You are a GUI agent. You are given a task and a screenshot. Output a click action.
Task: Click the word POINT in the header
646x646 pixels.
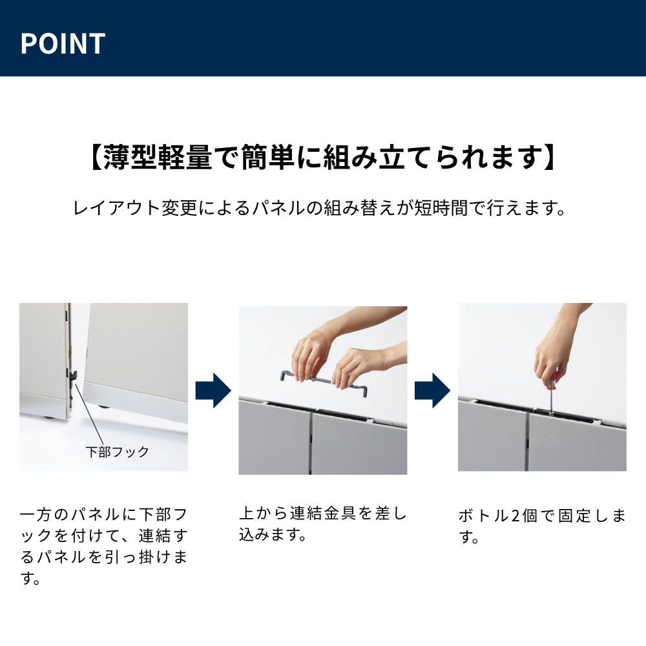(x=63, y=43)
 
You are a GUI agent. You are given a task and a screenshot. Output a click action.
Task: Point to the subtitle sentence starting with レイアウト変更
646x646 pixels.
(x=321, y=209)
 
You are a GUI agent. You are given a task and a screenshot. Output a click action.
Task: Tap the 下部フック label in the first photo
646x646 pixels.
(x=117, y=452)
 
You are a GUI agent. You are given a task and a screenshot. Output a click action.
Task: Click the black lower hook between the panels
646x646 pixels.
(x=75, y=375)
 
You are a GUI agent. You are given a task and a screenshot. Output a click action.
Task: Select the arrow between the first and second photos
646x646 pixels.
(x=213, y=390)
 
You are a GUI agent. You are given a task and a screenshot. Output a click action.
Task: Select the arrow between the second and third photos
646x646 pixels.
(x=432, y=390)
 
